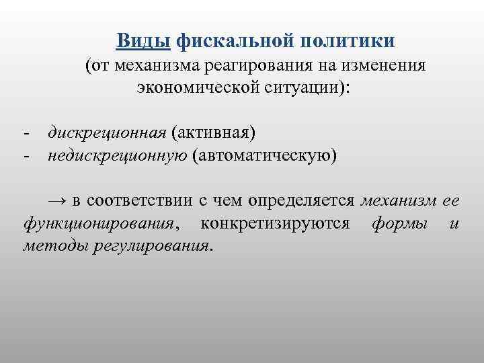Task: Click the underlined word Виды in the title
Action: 143,41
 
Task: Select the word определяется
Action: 302,200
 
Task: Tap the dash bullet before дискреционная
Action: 25,132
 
